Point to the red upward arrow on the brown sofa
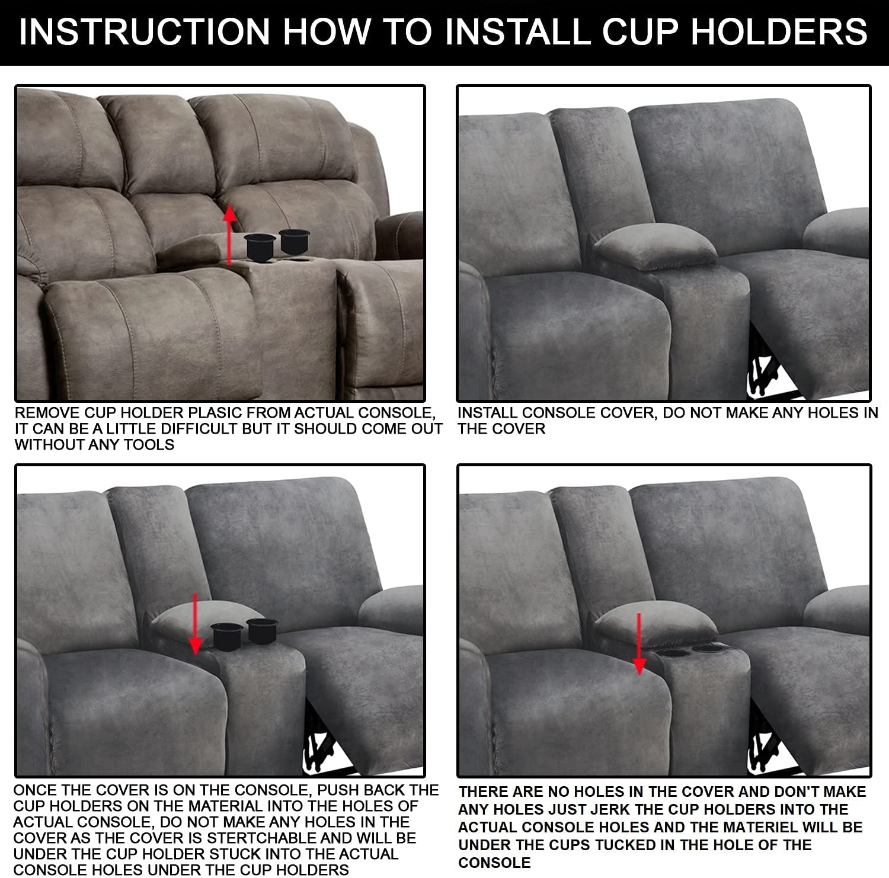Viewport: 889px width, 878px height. pos(230,234)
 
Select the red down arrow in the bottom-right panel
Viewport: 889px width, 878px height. pos(639,643)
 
